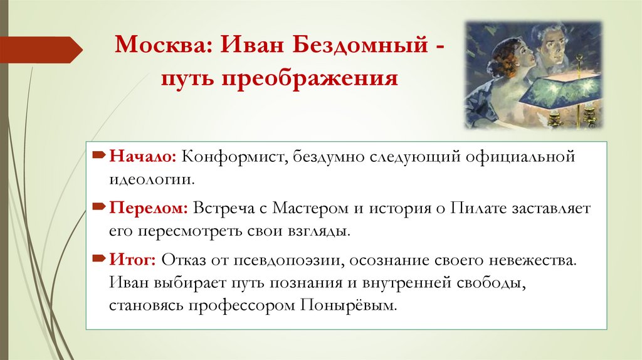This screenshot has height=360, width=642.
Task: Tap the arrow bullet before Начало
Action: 99,154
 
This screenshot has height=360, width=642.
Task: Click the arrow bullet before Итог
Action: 99,257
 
